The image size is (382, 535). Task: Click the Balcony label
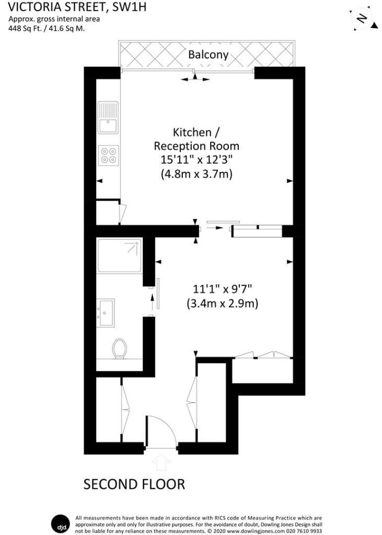(x=208, y=54)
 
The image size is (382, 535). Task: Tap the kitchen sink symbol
(x=108, y=119)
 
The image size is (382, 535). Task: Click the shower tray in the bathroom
(x=119, y=255)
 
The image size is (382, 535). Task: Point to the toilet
(x=120, y=348)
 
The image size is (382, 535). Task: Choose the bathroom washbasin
(x=106, y=312)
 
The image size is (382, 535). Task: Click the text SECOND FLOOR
(x=134, y=484)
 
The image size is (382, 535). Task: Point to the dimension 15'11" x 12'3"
(x=196, y=160)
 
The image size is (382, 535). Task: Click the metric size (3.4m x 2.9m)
(x=222, y=303)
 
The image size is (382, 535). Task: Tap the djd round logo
(x=59, y=522)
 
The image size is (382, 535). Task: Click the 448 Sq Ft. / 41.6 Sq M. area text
(x=47, y=29)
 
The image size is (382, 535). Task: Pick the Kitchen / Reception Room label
(x=196, y=138)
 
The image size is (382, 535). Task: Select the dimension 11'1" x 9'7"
(x=222, y=288)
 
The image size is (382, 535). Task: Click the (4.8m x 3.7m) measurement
(x=196, y=175)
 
